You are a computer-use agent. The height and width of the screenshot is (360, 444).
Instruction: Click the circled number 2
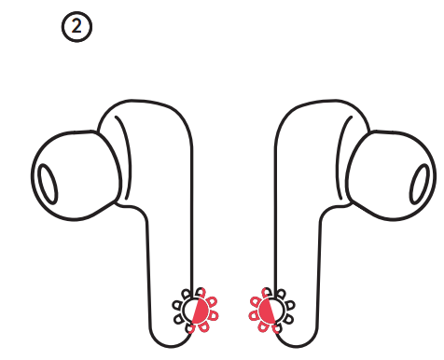tap(77, 27)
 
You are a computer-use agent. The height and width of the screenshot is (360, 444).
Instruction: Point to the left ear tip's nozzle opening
tap(49, 176)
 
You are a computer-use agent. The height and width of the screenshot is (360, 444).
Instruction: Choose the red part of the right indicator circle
tap(263, 310)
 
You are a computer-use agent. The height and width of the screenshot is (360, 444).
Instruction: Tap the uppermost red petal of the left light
tap(200, 291)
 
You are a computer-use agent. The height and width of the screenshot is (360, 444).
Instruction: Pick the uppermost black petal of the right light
tap(271, 291)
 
